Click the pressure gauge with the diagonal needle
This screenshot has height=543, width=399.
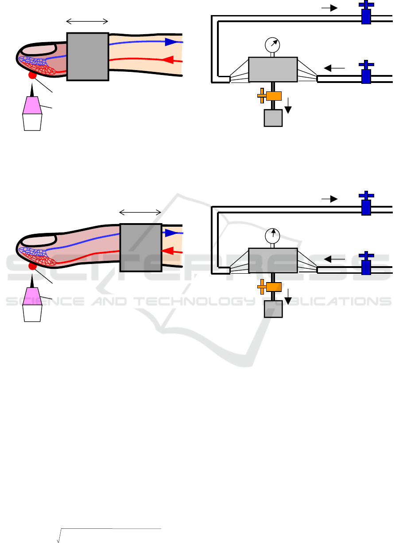point(272,44)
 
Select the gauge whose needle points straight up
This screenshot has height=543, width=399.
point(272,235)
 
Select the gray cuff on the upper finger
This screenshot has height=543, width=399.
point(88,56)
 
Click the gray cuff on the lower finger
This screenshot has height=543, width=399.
point(141,248)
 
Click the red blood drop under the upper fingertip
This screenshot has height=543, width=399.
point(32,75)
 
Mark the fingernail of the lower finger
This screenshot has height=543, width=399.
point(39,240)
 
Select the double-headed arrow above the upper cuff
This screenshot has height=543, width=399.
point(87,21)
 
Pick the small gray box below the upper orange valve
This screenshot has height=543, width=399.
point(273,118)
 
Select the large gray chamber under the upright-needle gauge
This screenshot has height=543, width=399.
point(272,260)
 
